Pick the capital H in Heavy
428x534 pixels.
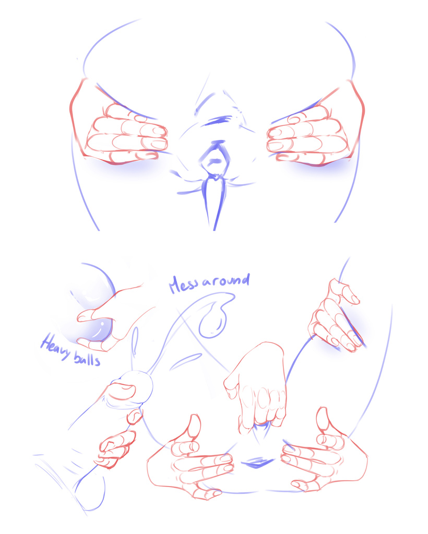click(47, 344)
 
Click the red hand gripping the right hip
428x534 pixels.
click(334, 318)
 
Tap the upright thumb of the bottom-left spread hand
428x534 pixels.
click(194, 425)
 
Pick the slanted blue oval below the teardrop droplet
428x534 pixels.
click(185, 361)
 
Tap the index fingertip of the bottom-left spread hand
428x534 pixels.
click(225, 459)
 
